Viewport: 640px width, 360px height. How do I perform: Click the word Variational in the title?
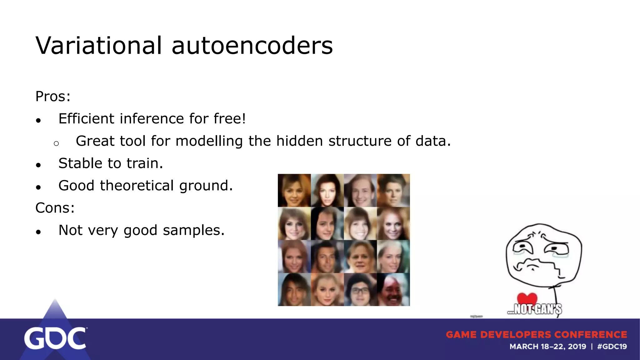click(x=99, y=46)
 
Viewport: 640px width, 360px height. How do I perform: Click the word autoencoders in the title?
click(x=252, y=46)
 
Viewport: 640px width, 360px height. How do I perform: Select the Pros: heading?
click(x=53, y=96)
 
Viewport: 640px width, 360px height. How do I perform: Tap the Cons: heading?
click(x=55, y=208)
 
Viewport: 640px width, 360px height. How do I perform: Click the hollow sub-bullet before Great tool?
click(x=56, y=143)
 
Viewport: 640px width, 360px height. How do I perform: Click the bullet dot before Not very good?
click(x=38, y=232)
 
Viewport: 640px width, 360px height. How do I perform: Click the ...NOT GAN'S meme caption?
click(x=534, y=309)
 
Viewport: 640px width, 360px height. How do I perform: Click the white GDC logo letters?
click(x=55, y=338)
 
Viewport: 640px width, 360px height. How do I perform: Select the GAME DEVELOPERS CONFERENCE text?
click(x=536, y=335)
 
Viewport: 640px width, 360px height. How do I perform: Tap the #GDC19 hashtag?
click(x=612, y=347)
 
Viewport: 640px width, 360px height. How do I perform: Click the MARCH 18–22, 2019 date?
click(x=547, y=347)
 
